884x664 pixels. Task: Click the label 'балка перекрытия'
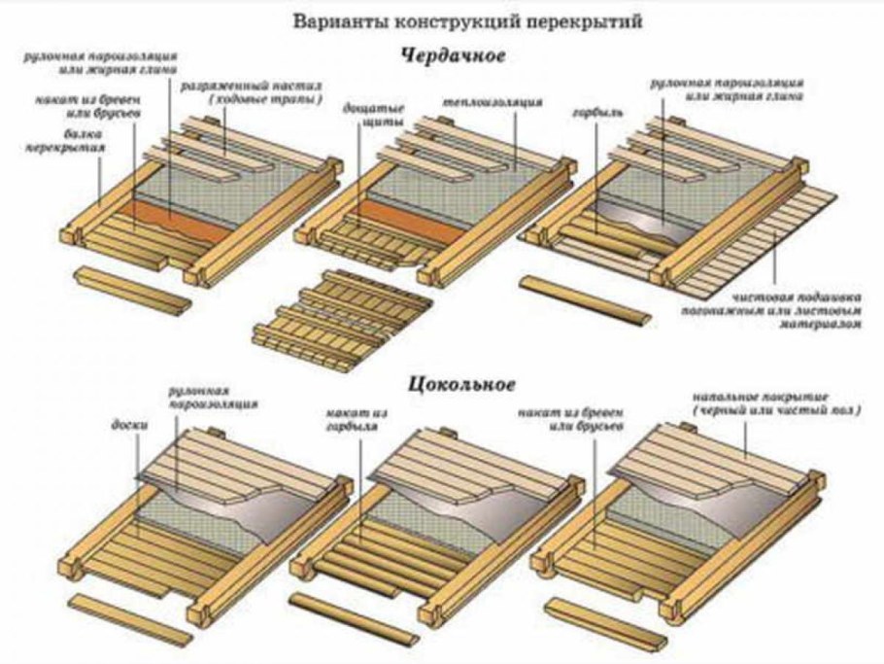(67, 142)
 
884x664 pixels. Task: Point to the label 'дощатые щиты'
(358, 116)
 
